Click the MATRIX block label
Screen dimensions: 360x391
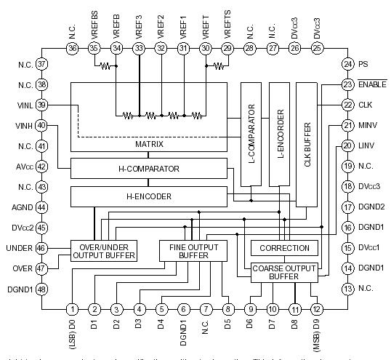coord(148,144)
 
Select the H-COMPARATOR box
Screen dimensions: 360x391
coord(148,169)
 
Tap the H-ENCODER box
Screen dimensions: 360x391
coord(148,196)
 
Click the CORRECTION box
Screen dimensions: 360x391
coord(285,248)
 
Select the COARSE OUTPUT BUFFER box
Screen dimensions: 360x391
coord(285,272)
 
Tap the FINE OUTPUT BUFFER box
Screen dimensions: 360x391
coord(193,251)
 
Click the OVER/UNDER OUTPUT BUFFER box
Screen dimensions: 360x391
coord(104,251)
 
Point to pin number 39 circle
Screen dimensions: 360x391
coord(41,105)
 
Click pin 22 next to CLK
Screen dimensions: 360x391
coord(348,105)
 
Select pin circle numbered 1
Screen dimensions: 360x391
coord(73,309)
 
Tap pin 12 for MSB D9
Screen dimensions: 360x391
coord(317,309)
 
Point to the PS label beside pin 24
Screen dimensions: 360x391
coord(363,64)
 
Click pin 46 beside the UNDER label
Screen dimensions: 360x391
coord(41,248)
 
